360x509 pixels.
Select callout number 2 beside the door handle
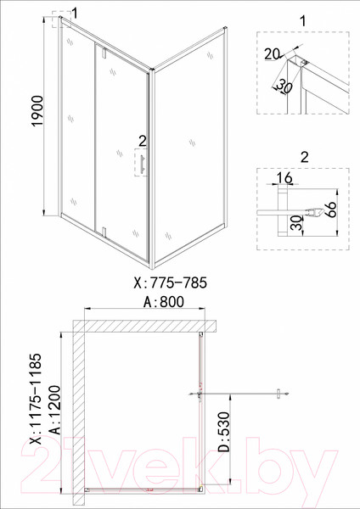(x=142, y=140)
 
